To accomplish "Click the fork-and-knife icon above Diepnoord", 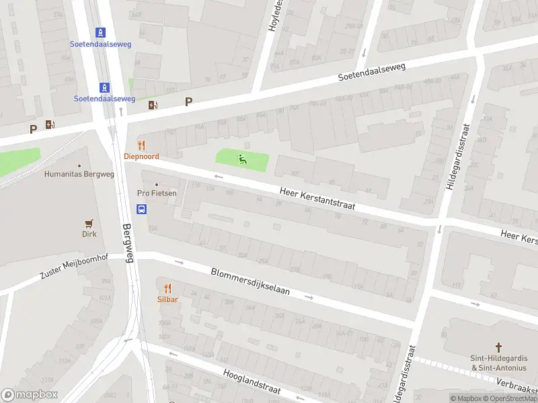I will pos(141,144).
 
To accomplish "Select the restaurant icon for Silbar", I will pos(167,288).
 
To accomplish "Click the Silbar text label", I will pos(167,300).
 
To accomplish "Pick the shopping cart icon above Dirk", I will pos(89,223).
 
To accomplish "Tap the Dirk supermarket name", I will pos(89,234).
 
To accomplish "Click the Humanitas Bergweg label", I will pos(79,174).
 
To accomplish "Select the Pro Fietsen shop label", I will pos(157,193).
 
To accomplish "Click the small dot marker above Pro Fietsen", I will pos(157,185).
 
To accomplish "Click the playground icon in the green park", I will pos(242,159).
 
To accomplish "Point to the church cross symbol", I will pos(498,347).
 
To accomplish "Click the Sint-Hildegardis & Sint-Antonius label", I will pos(498,363).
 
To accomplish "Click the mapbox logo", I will pos(30,395).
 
